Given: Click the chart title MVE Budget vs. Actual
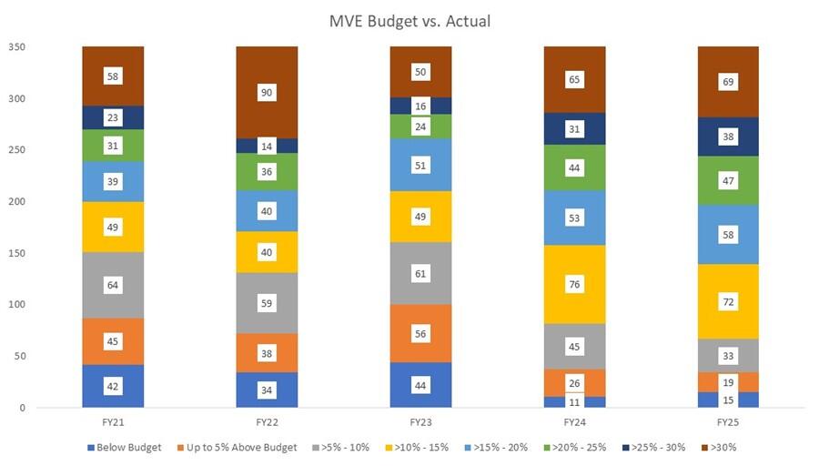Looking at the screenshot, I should (x=409, y=20).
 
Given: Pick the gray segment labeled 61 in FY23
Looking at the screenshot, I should (x=420, y=273).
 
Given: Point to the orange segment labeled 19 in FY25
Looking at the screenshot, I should (x=728, y=382).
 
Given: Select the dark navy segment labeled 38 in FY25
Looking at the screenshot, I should (x=728, y=137).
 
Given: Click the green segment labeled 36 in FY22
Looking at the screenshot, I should (x=267, y=172).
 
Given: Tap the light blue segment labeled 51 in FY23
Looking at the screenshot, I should (x=420, y=165).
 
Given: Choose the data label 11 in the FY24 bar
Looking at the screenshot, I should (x=574, y=401).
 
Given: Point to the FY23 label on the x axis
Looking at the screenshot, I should (x=420, y=422).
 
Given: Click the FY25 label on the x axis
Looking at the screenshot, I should (x=728, y=422).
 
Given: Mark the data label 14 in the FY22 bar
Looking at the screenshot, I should (x=267, y=146).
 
